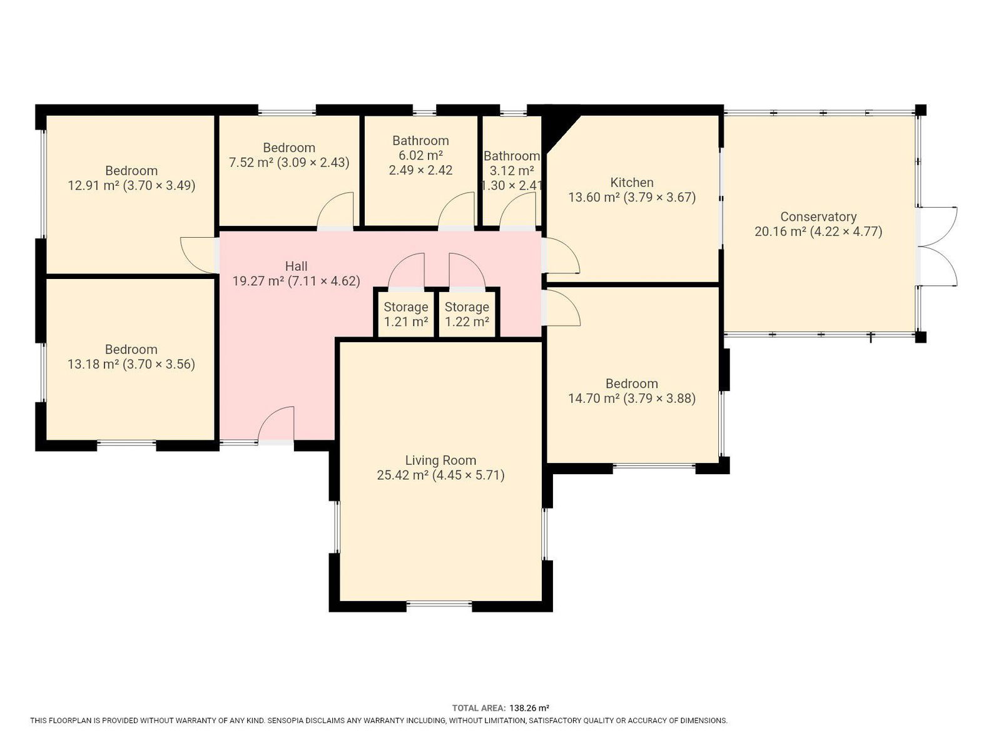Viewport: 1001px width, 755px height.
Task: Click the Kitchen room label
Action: click(x=632, y=183)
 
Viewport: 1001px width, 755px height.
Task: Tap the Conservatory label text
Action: click(x=818, y=216)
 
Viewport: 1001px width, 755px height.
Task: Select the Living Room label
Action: click(x=440, y=460)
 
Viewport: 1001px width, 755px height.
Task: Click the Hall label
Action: click(x=296, y=266)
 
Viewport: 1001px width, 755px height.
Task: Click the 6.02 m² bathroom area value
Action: click(x=420, y=156)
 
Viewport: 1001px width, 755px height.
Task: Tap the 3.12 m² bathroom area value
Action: click(x=512, y=171)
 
